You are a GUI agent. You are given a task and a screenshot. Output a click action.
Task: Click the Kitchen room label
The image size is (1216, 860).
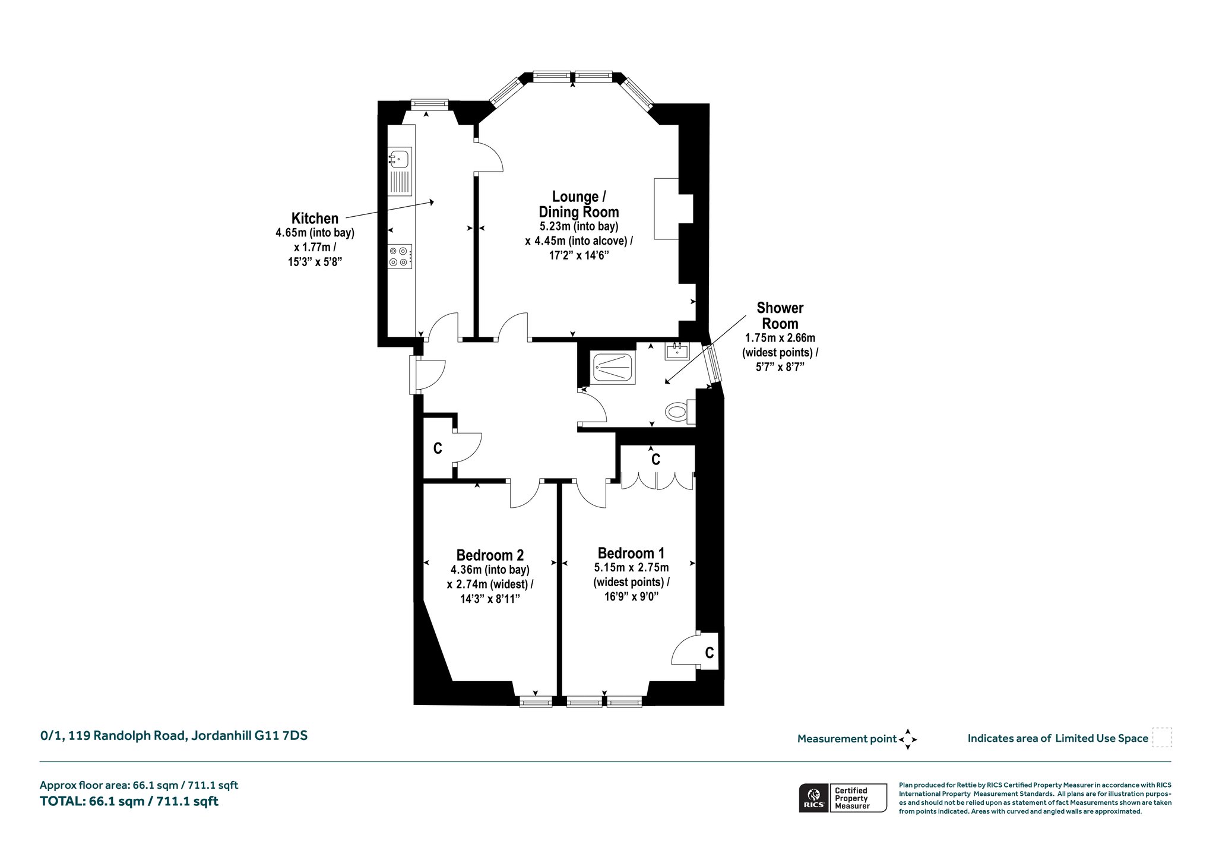[315, 219]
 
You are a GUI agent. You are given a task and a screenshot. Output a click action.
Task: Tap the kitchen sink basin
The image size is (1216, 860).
[400, 158]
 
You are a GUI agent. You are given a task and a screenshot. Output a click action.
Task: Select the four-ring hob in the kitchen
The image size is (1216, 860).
[400, 257]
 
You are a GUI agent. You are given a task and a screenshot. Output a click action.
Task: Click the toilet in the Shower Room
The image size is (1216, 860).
[680, 412]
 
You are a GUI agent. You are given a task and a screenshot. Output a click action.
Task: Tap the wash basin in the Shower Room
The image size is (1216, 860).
[677, 351]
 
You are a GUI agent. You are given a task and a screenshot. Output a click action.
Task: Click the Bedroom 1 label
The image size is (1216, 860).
[631, 553]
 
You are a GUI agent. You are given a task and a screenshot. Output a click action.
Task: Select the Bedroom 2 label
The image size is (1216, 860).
[490, 555]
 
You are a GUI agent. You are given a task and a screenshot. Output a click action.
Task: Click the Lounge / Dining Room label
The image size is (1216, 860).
[579, 204]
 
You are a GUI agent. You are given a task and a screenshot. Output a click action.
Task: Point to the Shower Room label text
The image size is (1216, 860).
[780, 316]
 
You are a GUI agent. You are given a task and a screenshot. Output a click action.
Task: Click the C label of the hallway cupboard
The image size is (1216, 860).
[438, 448]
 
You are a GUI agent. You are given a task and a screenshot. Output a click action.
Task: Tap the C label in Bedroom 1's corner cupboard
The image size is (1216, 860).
[710, 653]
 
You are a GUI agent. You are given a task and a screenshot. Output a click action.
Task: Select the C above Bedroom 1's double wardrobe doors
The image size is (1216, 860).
[656, 459]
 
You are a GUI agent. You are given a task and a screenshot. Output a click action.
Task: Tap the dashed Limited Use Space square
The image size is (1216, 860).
[1162, 738]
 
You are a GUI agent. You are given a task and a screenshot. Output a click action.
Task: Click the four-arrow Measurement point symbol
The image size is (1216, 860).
[908, 739]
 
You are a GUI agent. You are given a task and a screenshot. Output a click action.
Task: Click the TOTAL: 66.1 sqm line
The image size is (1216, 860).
[129, 801]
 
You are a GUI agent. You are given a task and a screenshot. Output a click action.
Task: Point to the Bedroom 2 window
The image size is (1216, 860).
[536, 703]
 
